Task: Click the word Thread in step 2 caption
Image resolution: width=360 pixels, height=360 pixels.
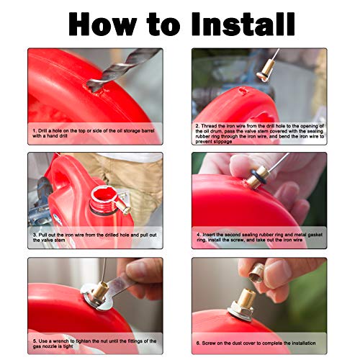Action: coord(215,125)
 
